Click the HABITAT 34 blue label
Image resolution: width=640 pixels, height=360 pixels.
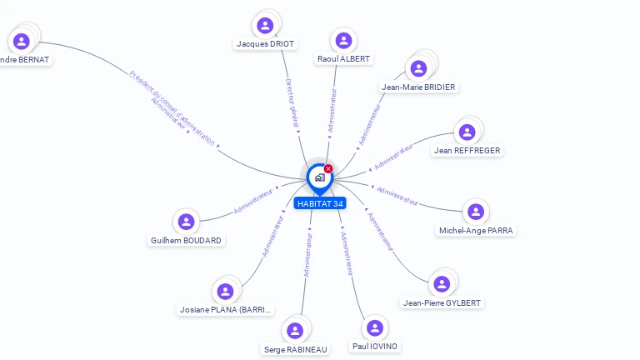click(x=320, y=203)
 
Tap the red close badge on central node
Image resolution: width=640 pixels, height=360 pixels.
click(x=328, y=169)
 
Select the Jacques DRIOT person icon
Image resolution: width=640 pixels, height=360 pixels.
click(x=265, y=26)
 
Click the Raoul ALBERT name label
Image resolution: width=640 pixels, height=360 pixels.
click(x=343, y=59)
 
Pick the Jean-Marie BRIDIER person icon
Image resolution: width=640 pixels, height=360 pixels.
click(x=418, y=68)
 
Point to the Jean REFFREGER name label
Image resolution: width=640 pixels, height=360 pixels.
click(x=467, y=151)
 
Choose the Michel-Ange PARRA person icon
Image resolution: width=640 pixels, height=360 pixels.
click(x=475, y=212)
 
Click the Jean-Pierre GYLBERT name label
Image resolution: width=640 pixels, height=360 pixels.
click(x=441, y=302)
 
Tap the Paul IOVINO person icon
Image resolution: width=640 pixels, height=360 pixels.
click(x=375, y=327)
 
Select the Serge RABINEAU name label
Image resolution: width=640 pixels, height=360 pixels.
click(x=296, y=350)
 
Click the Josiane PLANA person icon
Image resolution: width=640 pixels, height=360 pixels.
click(x=225, y=292)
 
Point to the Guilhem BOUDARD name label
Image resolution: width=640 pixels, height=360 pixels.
click(x=186, y=240)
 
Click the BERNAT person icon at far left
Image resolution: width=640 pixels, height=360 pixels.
click(x=22, y=41)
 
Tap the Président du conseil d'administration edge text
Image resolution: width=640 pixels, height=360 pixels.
click(x=172, y=106)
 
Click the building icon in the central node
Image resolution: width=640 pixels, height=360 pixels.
click(x=319, y=177)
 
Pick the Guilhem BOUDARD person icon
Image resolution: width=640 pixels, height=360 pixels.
click(x=186, y=222)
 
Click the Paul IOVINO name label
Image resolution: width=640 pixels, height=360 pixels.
click(x=375, y=346)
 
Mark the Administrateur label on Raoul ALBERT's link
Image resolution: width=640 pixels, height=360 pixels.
click(x=333, y=110)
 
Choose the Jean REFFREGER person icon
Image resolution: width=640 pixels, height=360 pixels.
click(x=467, y=132)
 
